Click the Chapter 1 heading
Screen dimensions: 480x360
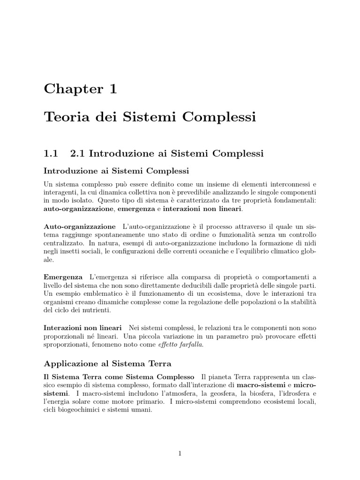(x=80, y=89)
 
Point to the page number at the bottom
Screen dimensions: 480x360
(x=180, y=453)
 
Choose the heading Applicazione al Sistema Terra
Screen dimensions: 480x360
(x=108, y=363)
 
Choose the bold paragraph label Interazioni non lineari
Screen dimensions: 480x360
(x=82, y=327)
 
